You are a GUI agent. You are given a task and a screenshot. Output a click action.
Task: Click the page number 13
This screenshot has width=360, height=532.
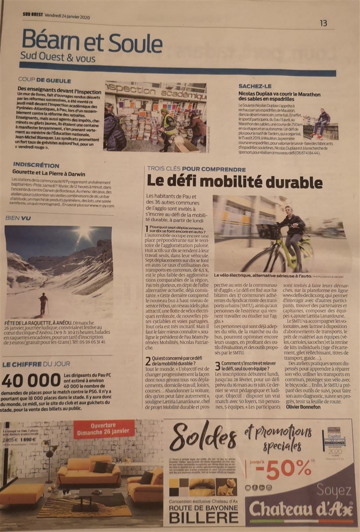tap(323, 23)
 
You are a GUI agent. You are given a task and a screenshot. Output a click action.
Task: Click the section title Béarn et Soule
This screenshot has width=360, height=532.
tap(85, 41)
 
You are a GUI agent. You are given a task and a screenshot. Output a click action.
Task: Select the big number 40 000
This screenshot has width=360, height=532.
tap(31, 381)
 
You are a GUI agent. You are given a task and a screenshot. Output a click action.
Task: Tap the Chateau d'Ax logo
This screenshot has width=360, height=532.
tap(301, 509)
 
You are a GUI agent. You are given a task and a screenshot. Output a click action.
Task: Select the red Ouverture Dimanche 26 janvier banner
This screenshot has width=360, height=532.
tap(103, 428)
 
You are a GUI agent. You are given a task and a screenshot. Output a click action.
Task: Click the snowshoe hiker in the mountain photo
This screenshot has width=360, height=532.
tap(43, 303)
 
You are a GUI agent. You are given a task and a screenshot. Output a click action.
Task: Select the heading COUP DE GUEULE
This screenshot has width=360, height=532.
tap(44, 80)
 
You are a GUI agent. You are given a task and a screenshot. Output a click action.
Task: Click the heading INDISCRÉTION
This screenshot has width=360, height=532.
tap(36, 165)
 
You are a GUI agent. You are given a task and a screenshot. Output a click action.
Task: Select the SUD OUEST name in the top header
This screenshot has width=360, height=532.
tap(32, 14)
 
